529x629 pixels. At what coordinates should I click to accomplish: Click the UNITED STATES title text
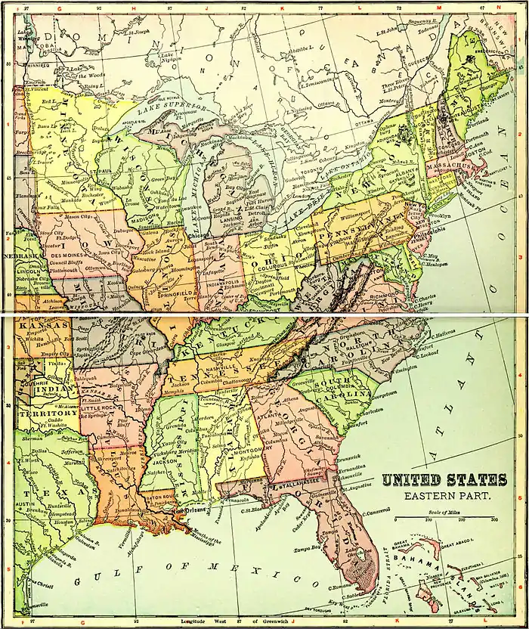[x=444, y=481]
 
